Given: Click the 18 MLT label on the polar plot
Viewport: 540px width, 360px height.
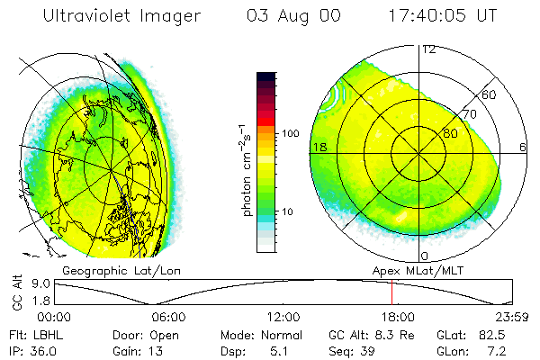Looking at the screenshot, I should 319,147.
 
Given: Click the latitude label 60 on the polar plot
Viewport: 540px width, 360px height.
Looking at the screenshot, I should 490,94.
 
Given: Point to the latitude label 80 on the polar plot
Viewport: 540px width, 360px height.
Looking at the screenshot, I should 451,133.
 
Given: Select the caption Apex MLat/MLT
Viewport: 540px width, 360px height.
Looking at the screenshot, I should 420,269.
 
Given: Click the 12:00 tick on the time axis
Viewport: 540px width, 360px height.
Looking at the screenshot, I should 284,317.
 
